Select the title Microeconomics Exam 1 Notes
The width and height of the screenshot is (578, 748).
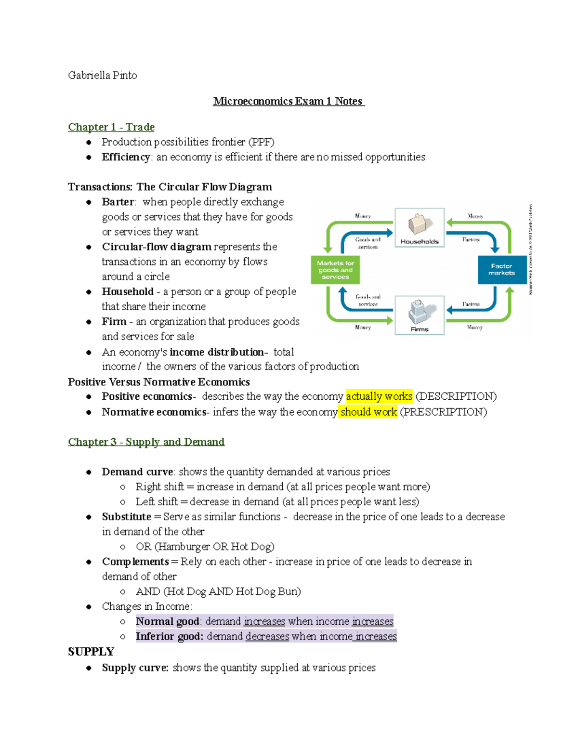(x=289, y=101)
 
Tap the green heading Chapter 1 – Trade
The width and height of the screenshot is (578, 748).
(x=111, y=127)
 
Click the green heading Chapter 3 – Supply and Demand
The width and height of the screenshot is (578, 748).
(x=146, y=442)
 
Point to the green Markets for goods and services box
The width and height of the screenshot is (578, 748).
(x=335, y=270)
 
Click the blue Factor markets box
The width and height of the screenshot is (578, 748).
(x=501, y=270)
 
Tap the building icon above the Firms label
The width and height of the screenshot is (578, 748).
(x=419, y=312)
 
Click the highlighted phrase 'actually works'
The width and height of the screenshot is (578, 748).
(x=379, y=396)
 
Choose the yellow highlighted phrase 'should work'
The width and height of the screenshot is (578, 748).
(x=368, y=412)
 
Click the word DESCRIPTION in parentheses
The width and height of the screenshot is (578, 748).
(x=456, y=396)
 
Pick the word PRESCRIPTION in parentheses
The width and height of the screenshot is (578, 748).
(x=444, y=412)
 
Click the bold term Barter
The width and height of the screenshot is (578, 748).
(x=118, y=202)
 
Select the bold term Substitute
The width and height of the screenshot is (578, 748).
(x=127, y=517)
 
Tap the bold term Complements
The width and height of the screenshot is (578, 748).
(x=135, y=562)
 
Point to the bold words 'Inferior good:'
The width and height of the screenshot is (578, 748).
(x=169, y=636)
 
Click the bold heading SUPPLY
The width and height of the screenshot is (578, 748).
(x=91, y=652)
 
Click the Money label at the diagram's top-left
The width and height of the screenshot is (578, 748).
(x=363, y=216)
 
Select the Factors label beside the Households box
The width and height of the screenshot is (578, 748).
(x=471, y=239)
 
